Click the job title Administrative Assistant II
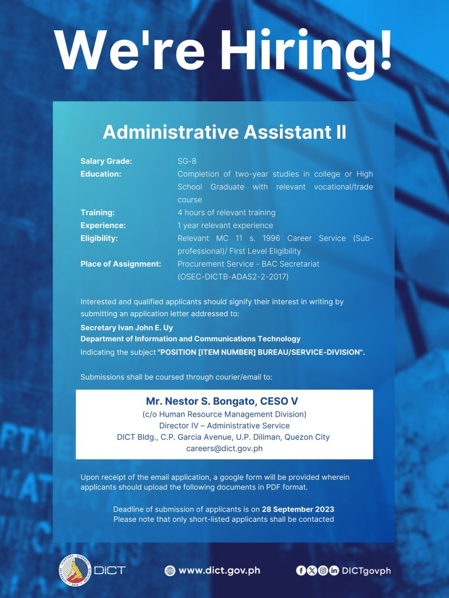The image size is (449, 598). click(224, 132)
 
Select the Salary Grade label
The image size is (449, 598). click(106, 161)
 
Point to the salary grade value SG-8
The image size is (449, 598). click(187, 161)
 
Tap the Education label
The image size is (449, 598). click(101, 174)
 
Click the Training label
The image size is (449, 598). click(97, 213)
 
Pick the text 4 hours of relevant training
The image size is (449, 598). click(226, 213)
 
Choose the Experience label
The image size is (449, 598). click(103, 225)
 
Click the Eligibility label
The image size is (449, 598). click(99, 238)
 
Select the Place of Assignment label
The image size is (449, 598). click(121, 264)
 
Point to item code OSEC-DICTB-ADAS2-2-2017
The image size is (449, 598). click(233, 277)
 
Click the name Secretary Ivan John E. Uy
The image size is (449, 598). click(127, 327)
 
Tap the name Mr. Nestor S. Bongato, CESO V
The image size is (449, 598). click(222, 401)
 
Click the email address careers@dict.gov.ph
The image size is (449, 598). click(224, 448)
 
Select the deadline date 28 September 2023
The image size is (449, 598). click(298, 509)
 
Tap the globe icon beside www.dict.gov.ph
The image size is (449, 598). click(170, 570)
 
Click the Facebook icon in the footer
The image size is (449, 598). click(301, 570)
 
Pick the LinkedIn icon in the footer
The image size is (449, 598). click(333, 570)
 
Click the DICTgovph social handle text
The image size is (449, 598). click(366, 570)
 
